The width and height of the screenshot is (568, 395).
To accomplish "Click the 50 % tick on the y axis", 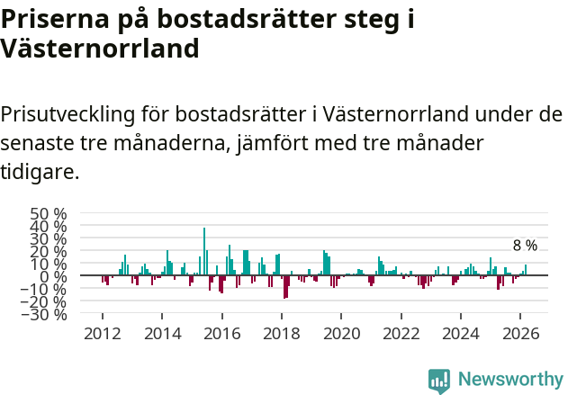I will tap(49, 214).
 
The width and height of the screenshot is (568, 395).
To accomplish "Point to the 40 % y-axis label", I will tap(49, 227).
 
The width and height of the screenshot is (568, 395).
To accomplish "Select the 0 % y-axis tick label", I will tap(53, 276).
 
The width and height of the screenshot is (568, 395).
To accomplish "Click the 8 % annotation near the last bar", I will tap(525, 246).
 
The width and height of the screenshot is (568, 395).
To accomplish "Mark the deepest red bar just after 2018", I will tap(285, 287).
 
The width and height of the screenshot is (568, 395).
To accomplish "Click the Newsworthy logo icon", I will tap(439, 380).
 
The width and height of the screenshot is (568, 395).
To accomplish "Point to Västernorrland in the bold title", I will tap(100, 48).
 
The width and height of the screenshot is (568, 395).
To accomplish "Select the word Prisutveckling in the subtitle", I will tap(68, 115).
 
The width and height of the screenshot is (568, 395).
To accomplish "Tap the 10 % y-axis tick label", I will tap(49, 264).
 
